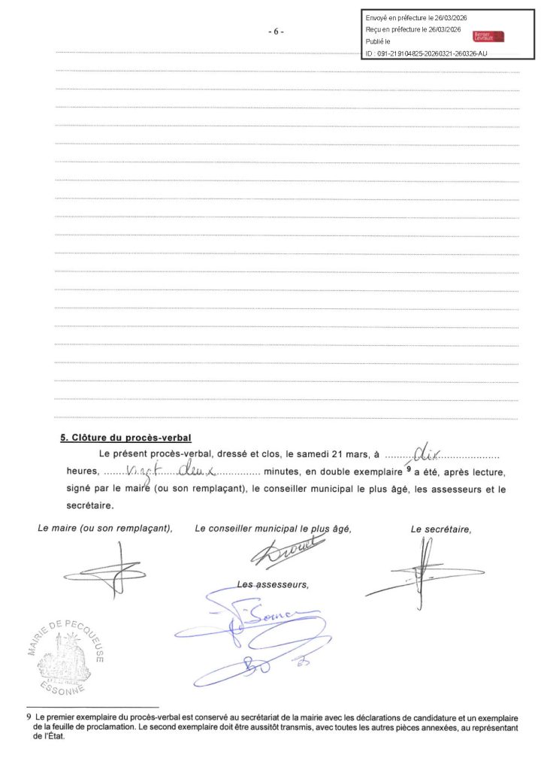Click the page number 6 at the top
tap(276, 32)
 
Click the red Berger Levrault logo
tap(488, 36)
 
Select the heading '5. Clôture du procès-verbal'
tap(126, 438)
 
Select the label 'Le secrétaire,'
tap(441, 529)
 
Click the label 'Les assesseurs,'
tap(273, 584)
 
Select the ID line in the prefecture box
tap(425, 53)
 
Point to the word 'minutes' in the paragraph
tap(283, 472)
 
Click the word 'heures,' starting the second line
tap(77, 472)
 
